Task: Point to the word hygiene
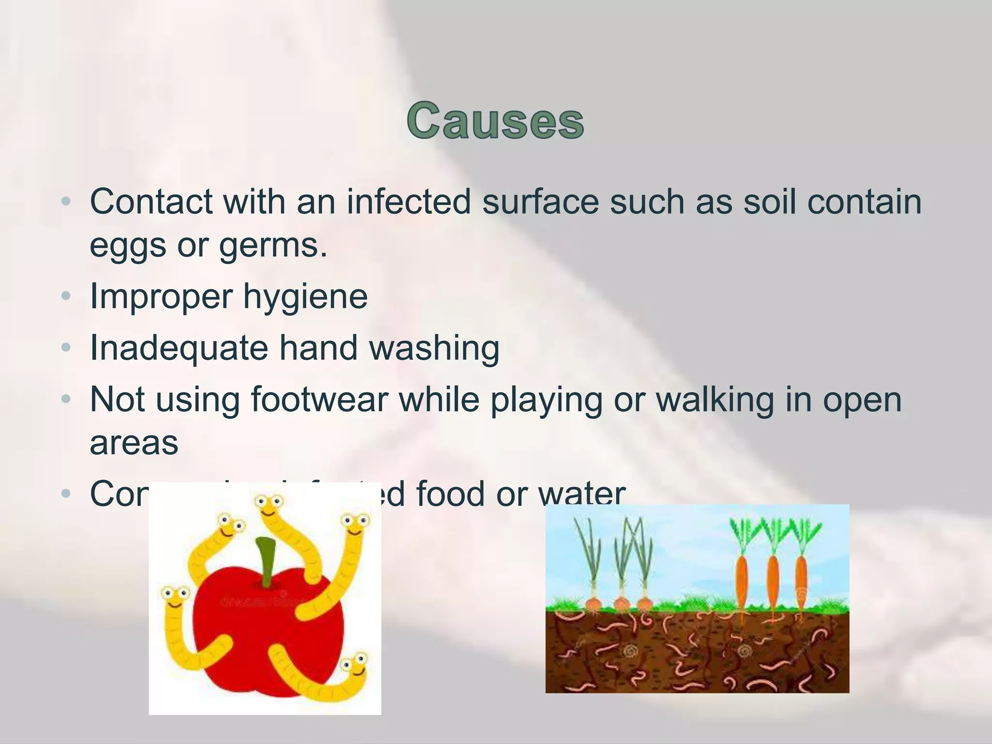[305, 296]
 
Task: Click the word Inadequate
[179, 348]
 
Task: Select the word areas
[134, 442]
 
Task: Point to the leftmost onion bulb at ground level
[592, 604]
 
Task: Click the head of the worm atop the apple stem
[269, 507]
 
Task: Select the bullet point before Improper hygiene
[66, 296]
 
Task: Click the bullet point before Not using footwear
[66, 400]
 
